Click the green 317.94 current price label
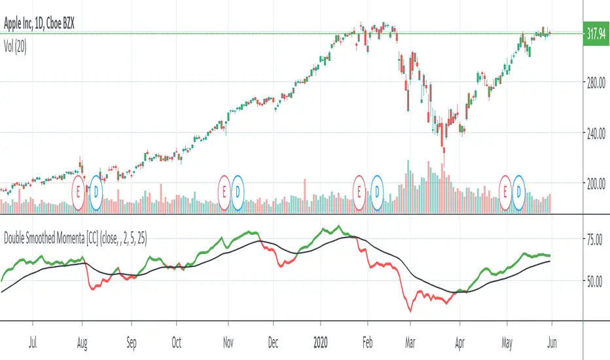tap(596, 33)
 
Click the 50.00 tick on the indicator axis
tap(595, 281)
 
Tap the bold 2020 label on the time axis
tap(321, 341)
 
